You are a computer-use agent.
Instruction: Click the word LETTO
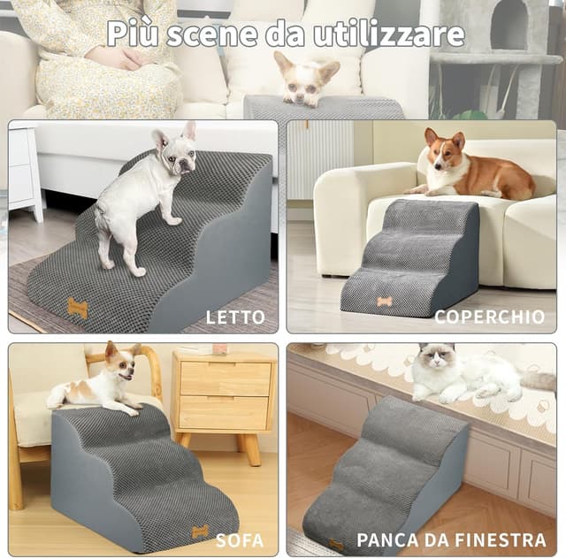point(235,317)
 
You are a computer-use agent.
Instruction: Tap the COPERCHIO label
point(489,317)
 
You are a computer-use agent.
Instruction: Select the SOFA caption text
point(240,539)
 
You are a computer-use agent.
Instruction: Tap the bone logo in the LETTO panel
point(78,308)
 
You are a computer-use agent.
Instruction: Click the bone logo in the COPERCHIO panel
point(385,302)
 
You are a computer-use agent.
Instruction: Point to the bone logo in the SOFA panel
point(201,531)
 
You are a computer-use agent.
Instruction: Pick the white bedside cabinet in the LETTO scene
point(24,172)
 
